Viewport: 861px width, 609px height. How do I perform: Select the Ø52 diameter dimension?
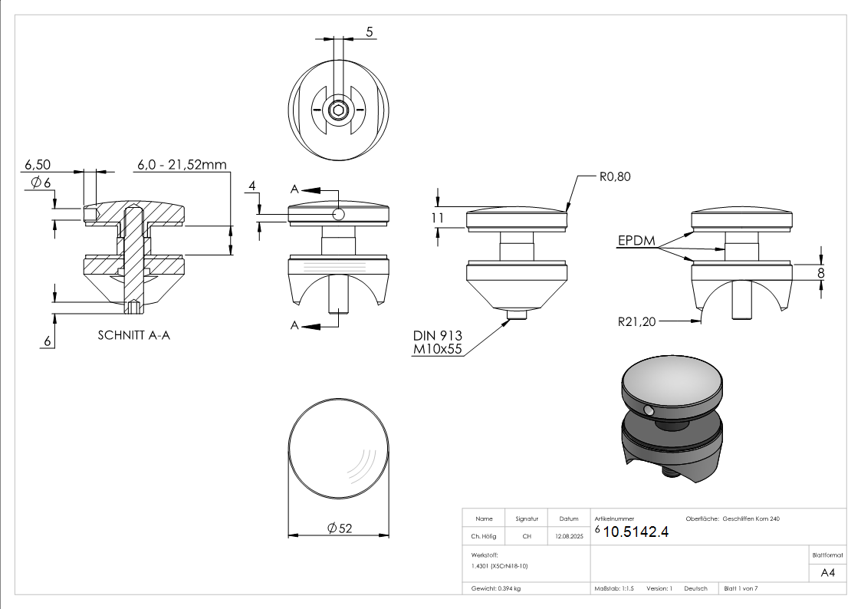[x=339, y=528]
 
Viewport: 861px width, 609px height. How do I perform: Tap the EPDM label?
[x=636, y=241]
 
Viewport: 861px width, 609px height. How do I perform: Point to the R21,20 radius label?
[x=637, y=321]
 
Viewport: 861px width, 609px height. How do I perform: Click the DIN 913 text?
[x=438, y=336]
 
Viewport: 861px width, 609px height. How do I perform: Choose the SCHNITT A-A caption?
[x=134, y=336]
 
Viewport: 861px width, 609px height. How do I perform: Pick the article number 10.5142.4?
[x=636, y=532]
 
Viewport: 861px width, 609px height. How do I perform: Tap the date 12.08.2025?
[x=569, y=537]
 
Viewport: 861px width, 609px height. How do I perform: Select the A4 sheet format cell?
[x=827, y=573]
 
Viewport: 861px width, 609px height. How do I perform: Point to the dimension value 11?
[x=438, y=218]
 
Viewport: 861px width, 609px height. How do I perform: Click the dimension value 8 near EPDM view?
[x=821, y=272]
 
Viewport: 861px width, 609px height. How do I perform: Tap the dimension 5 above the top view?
[x=370, y=31]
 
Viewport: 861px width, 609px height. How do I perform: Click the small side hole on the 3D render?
[x=650, y=411]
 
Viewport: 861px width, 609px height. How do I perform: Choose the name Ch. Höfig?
[x=484, y=537]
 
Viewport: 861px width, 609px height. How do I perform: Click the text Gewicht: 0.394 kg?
[x=496, y=588]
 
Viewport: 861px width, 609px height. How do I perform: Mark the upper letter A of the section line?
[x=294, y=189]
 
